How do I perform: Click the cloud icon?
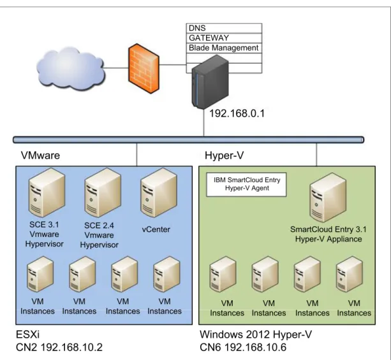click(71, 68)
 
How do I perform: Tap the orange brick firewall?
click(144, 69)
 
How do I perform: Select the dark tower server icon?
click(210, 82)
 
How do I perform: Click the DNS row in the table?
click(224, 28)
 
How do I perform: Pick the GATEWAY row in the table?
click(224, 38)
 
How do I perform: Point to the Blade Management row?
click(224, 48)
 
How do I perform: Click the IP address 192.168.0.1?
click(237, 113)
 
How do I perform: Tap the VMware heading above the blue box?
click(40, 155)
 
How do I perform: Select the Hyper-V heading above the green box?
click(224, 155)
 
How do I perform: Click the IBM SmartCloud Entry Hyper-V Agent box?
click(246, 185)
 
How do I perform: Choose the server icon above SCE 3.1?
click(47, 192)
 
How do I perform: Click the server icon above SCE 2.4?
click(103, 192)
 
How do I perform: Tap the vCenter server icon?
click(159, 192)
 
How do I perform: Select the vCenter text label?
click(156, 229)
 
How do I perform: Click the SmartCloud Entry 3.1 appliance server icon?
click(328, 198)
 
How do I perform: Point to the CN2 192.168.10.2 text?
click(59, 347)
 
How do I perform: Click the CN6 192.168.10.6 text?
click(243, 347)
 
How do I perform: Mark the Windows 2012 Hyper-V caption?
click(256, 335)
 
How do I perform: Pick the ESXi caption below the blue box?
click(27, 335)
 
